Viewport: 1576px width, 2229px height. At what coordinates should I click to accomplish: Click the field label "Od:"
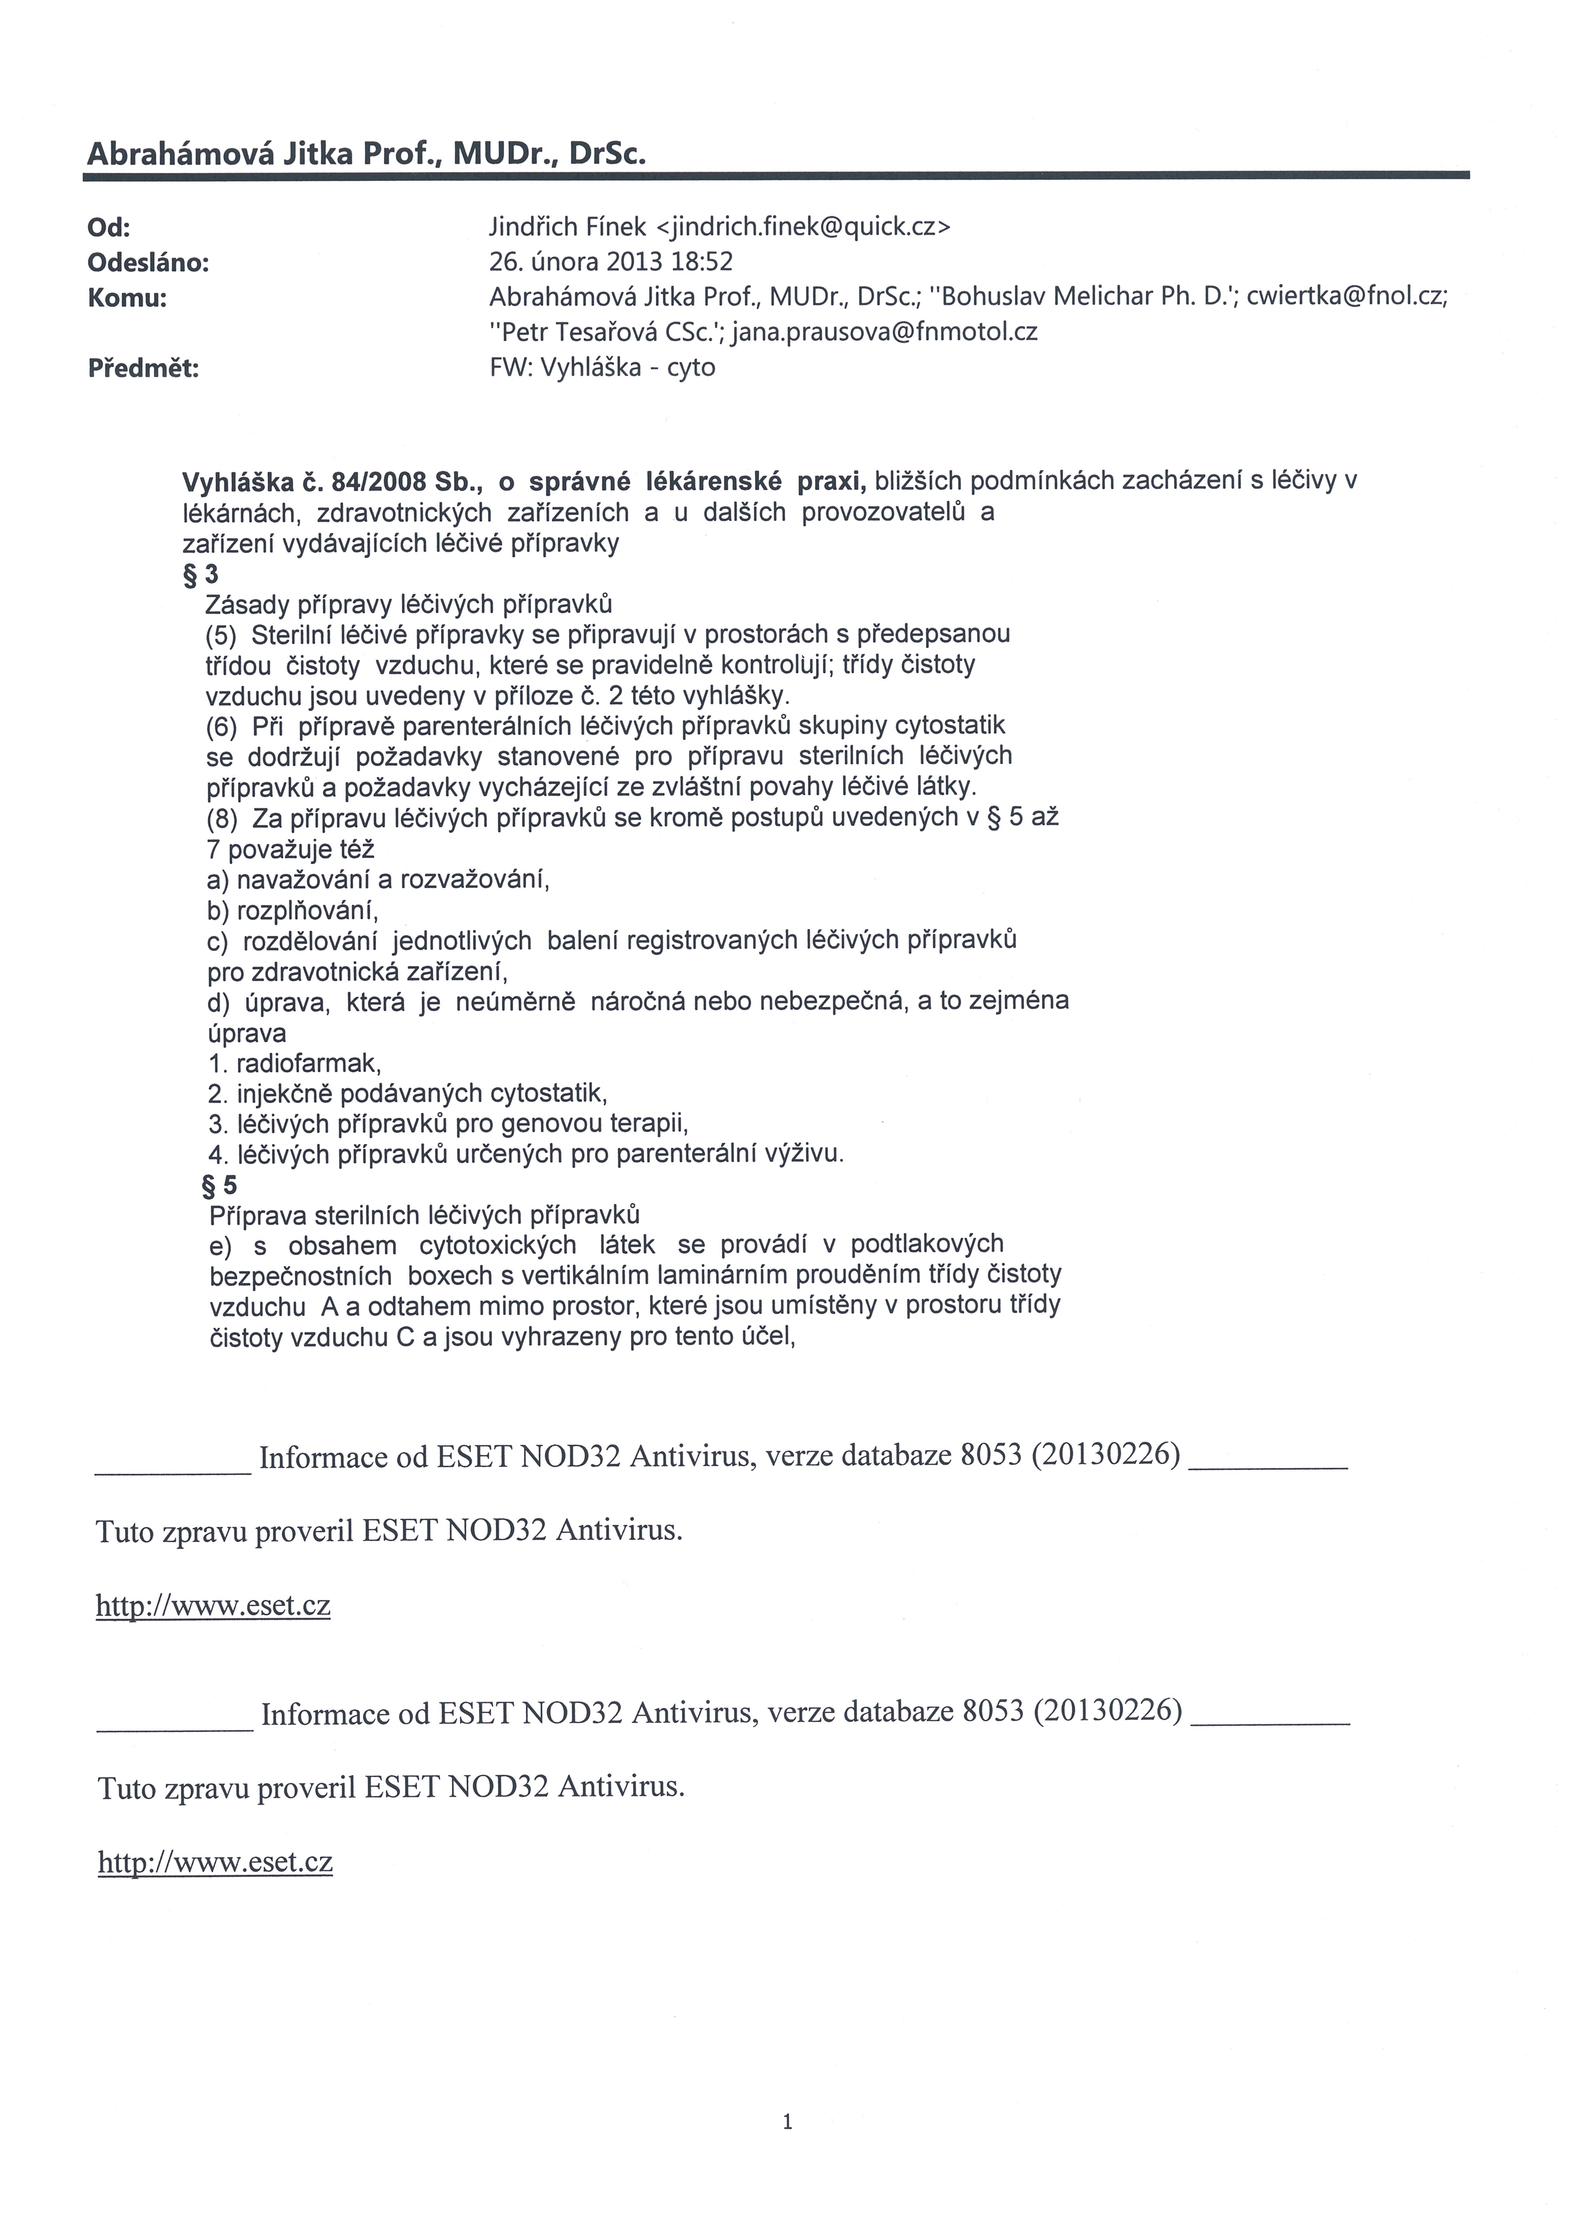109,228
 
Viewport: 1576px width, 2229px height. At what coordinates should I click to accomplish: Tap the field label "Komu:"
127,298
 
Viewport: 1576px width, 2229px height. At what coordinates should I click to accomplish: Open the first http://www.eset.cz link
213,1606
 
